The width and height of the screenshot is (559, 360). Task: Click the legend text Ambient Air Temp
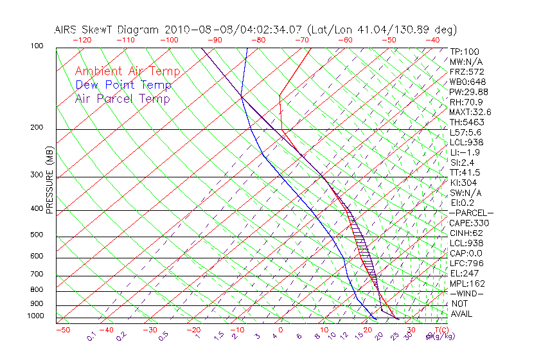[127, 71]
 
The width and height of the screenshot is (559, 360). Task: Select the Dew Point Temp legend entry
[123, 85]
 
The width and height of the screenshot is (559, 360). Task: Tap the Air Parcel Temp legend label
[122, 99]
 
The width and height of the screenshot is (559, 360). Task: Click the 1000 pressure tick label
[35, 316]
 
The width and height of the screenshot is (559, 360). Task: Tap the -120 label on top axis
[82, 40]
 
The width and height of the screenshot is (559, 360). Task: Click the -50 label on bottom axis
[63, 330]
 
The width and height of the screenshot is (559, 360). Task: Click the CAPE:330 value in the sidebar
[469, 223]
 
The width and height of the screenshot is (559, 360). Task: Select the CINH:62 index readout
[467, 233]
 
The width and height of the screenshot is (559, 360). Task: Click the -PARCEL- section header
[471, 213]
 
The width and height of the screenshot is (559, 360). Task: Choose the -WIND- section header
[467, 293]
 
